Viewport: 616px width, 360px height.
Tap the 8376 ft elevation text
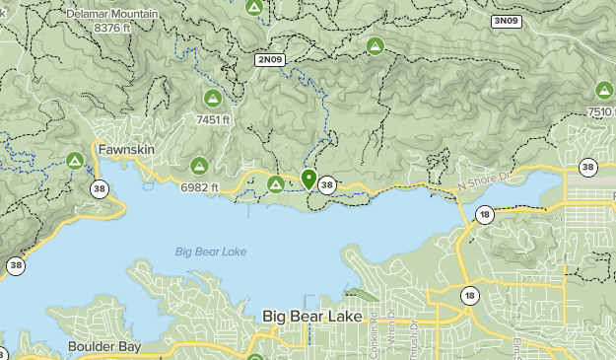pyautogui.click(x=113, y=29)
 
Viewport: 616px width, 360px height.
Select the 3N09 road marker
pyautogui.click(x=506, y=21)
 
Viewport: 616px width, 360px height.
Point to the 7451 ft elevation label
pyautogui.click(x=213, y=119)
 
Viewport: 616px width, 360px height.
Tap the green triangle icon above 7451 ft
pyautogui.click(x=212, y=99)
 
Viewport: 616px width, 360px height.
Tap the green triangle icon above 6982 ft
pyautogui.click(x=199, y=165)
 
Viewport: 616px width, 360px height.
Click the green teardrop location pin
pyautogui.click(x=308, y=179)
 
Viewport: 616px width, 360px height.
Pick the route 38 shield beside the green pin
pyautogui.click(x=327, y=184)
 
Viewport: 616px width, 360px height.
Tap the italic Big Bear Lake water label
pyautogui.click(x=211, y=252)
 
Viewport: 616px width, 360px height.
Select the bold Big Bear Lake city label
pyautogui.click(x=312, y=317)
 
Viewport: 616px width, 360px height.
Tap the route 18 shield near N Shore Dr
pyautogui.click(x=484, y=214)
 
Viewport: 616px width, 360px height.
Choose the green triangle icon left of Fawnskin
pyautogui.click(x=74, y=160)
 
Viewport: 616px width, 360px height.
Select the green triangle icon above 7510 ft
pyautogui.click(x=604, y=91)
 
